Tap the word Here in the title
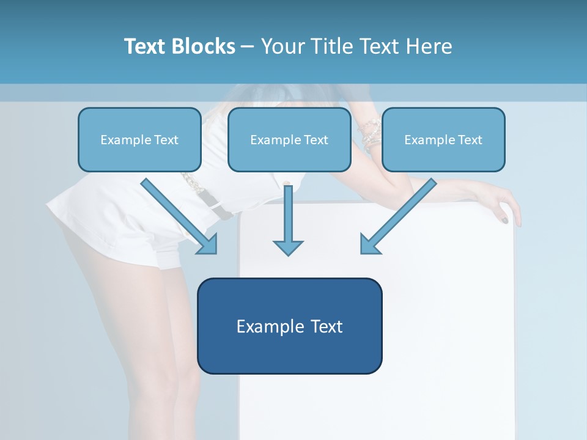[429, 46]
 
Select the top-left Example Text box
[139, 139]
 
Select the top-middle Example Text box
[289, 139]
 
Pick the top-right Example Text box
[443, 139]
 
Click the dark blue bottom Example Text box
[289, 326]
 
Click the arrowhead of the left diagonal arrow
[208, 244]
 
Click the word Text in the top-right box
[470, 140]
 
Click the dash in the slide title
[248, 46]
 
